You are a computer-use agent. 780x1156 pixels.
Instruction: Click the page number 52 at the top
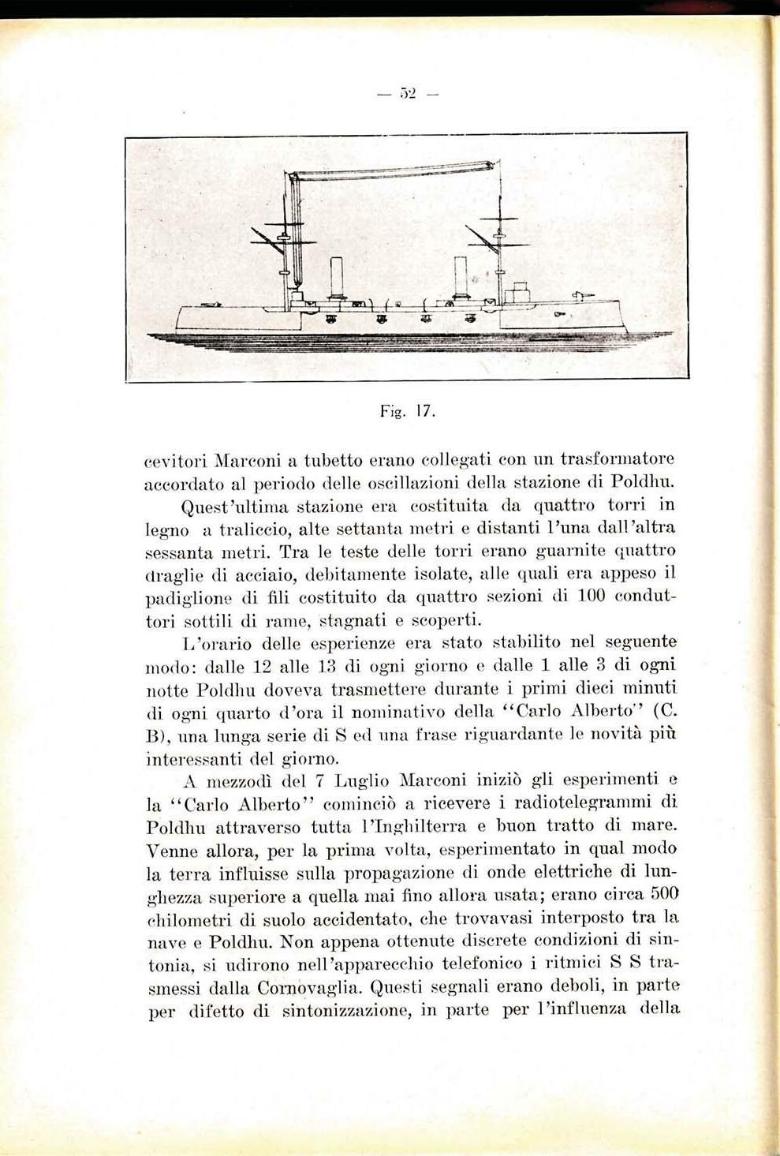click(x=407, y=95)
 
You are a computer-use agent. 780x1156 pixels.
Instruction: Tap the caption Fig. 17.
click(x=407, y=412)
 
